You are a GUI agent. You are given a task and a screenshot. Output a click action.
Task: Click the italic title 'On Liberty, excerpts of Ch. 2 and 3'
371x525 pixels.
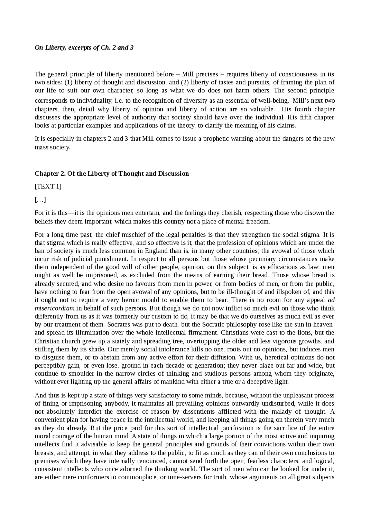click(84, 48)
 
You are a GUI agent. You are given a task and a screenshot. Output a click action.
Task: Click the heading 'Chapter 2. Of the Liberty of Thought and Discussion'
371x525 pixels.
click(112, 173)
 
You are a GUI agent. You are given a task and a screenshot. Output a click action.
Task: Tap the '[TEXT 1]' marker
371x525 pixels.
click(48, 186)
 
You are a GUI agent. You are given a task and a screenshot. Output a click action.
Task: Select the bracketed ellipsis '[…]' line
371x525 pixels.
click(40, 199)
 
